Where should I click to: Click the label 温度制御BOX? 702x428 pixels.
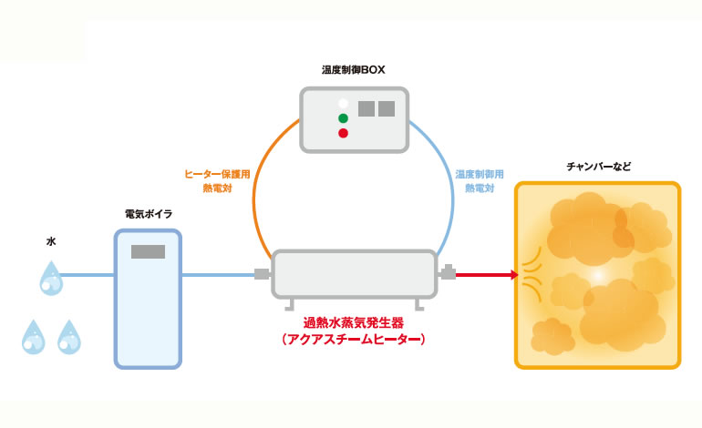[354, 69]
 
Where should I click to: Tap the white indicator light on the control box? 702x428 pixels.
[343, 103]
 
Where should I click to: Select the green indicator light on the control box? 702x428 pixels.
[343, 118]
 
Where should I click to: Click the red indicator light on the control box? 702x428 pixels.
[343, 134]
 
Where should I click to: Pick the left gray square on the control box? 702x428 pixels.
[366, 108]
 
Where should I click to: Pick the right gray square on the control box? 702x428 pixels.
[387, 108]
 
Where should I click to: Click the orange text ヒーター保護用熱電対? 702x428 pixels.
[211, 179]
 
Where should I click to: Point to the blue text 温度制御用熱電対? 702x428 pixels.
[480, 179]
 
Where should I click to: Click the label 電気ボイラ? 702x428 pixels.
[149, 213]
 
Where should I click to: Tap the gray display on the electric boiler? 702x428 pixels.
[148, 252]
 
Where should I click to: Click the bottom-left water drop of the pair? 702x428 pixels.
[33, 337]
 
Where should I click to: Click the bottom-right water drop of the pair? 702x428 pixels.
[68, 337]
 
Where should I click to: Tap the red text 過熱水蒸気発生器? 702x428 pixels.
[355, 322]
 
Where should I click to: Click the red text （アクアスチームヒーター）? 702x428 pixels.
[355, 339]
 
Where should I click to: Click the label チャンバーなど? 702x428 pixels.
[598, 168]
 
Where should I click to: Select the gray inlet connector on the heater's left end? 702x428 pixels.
[263, 273]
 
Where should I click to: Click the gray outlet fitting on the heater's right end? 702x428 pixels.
[448, 271]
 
